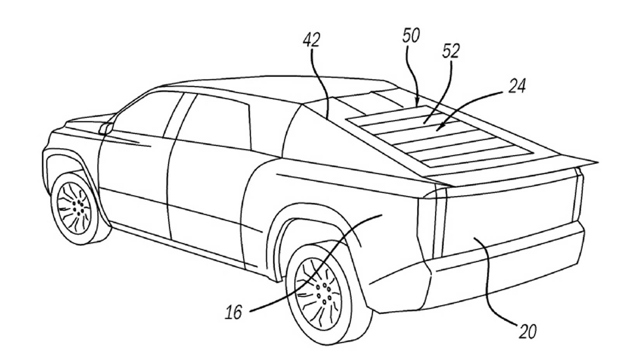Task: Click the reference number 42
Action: point(311,40)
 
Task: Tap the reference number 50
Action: point(411,36)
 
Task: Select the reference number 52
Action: point(451,52)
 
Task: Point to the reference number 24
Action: point(517,86)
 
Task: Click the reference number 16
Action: point(234,312)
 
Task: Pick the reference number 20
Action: point(528,332)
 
